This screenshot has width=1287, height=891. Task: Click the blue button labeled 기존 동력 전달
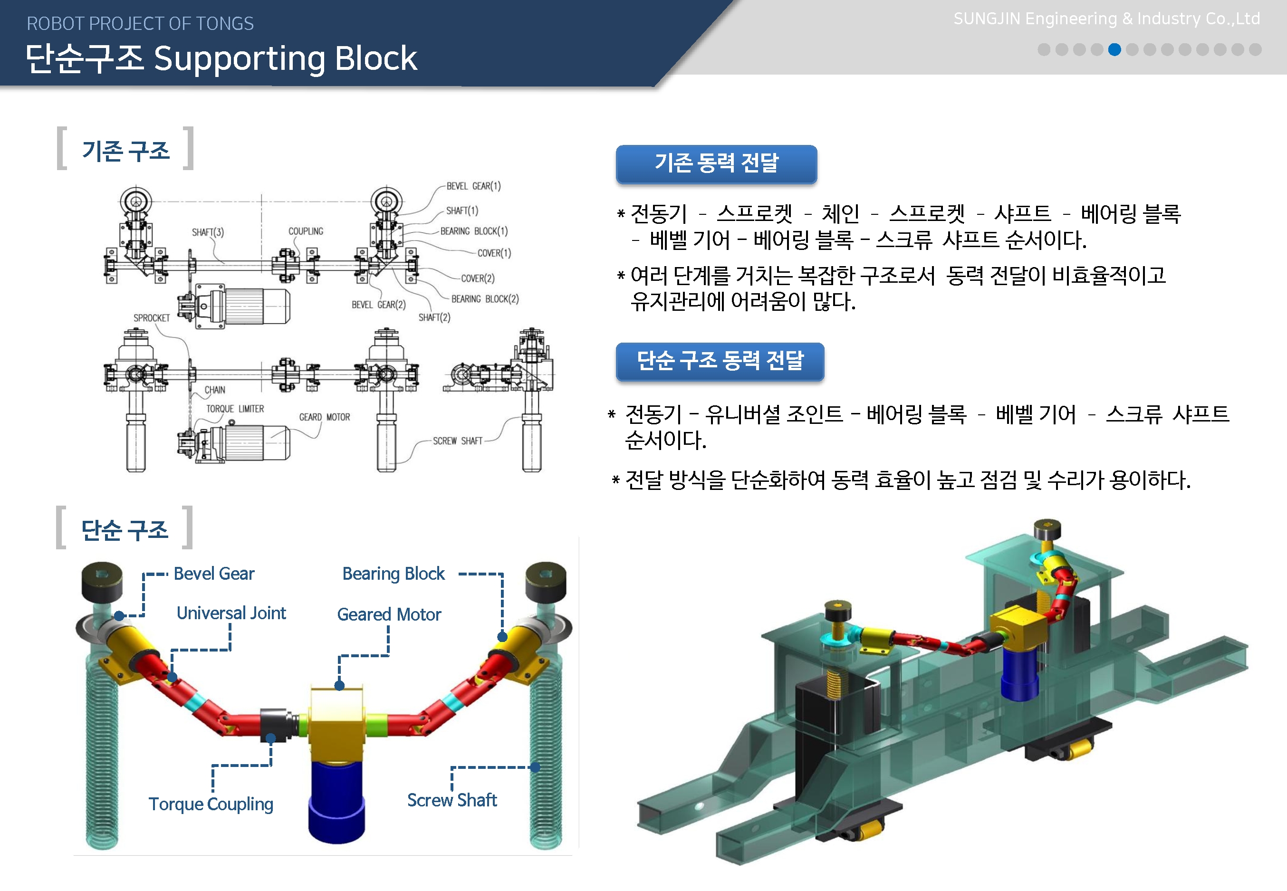click(x=716, y=163)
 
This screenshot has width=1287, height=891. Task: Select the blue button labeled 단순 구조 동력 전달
click(x=720, y=361)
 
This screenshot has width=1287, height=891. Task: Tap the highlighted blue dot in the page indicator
click(x=1114, y=50)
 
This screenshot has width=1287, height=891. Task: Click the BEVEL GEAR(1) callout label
click(x=473, y=186)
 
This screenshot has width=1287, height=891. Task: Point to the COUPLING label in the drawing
click(x=306, y=231)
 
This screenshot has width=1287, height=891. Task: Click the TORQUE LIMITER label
click(x=235, y=409)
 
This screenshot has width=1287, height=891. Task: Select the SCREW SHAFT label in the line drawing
click(x=457, y=441)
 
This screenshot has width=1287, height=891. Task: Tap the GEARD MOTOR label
click(x=325, y=417)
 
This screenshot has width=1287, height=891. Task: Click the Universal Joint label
click(x=231, y=613)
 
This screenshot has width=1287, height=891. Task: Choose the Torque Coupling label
click(x=211, y=804)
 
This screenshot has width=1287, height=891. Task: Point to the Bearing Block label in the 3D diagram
click(x=393, y=574)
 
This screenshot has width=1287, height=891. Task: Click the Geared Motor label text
click(x=389, y=614)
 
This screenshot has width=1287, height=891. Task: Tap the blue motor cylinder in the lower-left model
click(x=336, y=798)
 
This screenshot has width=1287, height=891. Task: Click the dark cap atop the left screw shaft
click(x=102, y=581)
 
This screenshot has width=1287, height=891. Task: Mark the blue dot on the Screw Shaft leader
click(x=535, y=767)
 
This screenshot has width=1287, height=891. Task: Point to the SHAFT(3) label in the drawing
click(x=208, y=232)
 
